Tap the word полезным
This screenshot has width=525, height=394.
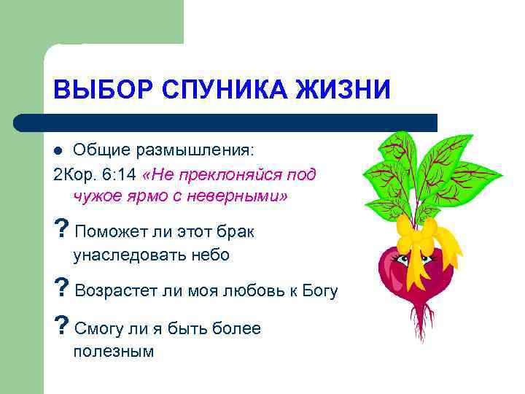(x=114, y=351)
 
